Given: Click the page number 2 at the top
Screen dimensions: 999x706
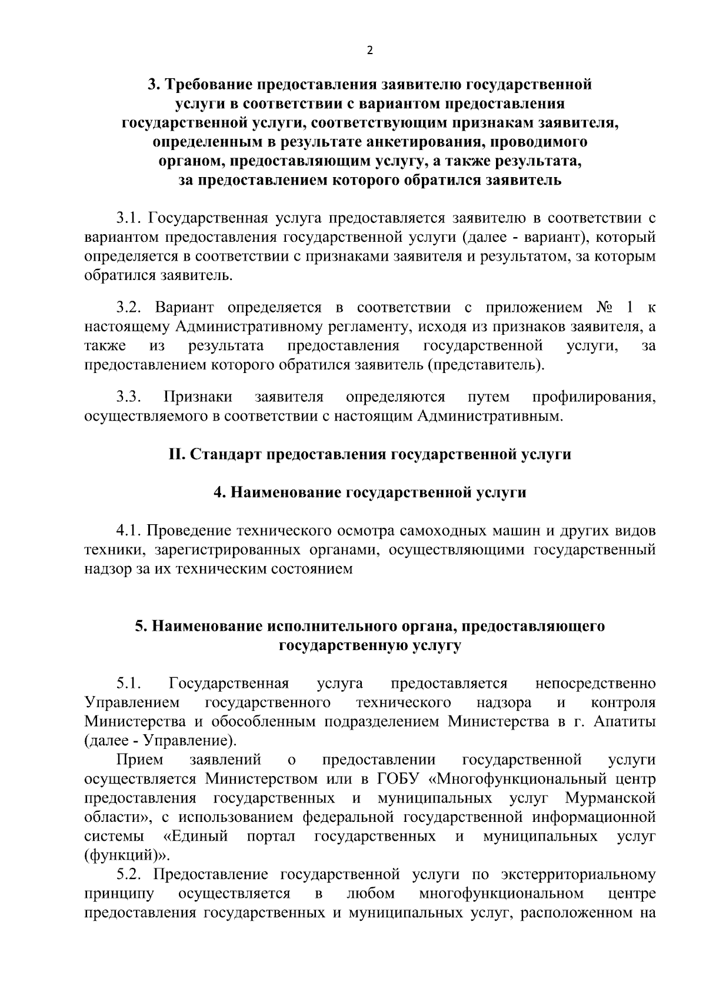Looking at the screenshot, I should (369, 51).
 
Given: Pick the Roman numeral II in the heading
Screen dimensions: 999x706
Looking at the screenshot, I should (176, 455).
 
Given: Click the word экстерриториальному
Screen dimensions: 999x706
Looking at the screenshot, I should (579, 874).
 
